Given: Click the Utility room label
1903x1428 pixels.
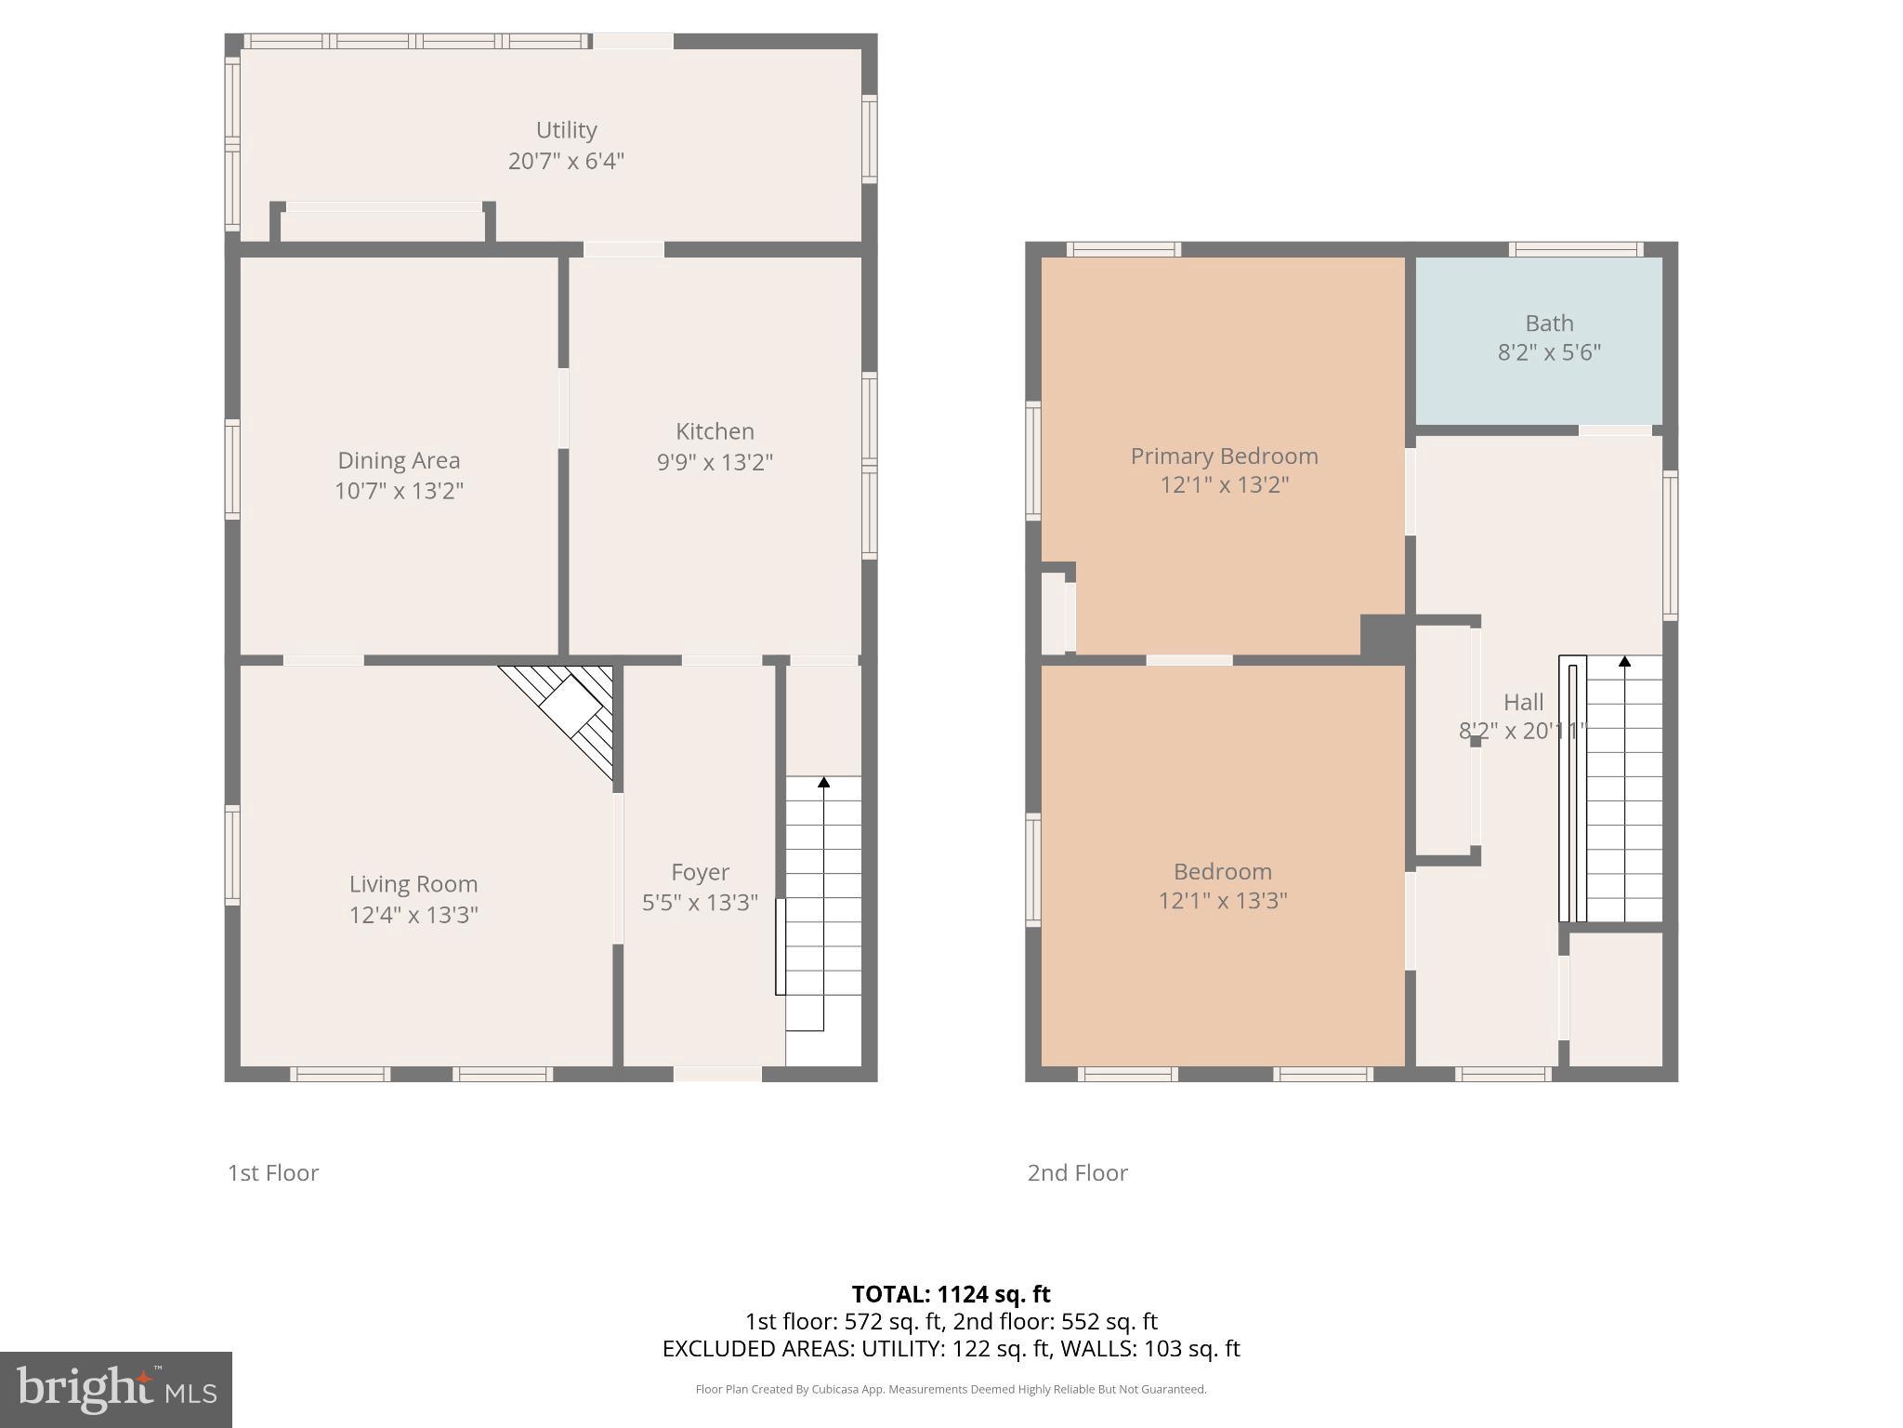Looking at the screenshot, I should [x=566, y=130].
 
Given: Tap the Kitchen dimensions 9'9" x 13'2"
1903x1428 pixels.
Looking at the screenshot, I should [x=715, y=462].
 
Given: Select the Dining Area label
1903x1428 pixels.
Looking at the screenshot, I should [x=399, y=460].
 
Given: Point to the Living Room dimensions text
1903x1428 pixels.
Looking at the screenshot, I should [x=413, y=915].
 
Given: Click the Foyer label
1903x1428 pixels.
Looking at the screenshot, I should [x=700, y=872].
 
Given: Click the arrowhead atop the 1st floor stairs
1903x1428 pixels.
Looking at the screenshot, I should [x=823, y=783].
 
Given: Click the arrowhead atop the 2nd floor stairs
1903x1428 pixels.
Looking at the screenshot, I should [x=1624, y=662].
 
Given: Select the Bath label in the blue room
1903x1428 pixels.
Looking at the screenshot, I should [x=1549, y=324].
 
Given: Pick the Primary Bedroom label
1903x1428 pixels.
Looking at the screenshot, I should [x=1224, y=456].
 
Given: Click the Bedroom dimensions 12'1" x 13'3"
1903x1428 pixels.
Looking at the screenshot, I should [x=1222, y=901].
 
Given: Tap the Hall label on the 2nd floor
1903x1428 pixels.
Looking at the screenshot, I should [x=1523, y=702].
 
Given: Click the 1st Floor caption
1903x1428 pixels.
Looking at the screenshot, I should [x=273, y=1172].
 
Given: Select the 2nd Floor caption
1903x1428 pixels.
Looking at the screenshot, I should [x=1077, y=1172].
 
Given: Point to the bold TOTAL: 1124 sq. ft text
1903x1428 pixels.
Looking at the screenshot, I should [x=951, y=1294].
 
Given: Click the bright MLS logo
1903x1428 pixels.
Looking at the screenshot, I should [x=115, y=1389].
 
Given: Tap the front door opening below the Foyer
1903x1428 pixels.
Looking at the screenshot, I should [x=717, y=1074].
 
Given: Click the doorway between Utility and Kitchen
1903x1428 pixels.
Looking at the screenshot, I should [x=623, y=249].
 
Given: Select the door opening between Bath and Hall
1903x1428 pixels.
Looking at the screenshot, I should [x=1615, y=430].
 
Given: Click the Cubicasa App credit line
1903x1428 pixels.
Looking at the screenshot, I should [x=951, y=1389].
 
